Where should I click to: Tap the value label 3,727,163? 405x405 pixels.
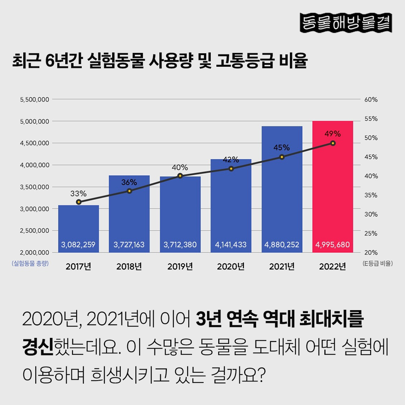pyautogui.click(x=129, y=245)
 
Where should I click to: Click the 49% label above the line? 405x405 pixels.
pyautogui.click(x=333, y=133)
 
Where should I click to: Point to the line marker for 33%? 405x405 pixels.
pyautogui.click(x=78, y=202)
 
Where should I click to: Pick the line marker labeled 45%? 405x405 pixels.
pyautogui.click(x=282, y=157)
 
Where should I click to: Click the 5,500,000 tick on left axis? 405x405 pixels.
pyautogui.click(x=34, y=100)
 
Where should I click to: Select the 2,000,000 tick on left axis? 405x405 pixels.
pyautogui.click(x=34, y=252)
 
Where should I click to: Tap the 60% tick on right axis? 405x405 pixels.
pyautogui.click(x=371, y=100)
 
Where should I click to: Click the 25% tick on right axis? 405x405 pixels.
pyautogui.click(x=371, y=233)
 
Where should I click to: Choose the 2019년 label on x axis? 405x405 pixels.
pyautogui.click(x=180, y=267)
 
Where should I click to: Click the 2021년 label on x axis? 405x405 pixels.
pyautogui.click(x=282, y=267)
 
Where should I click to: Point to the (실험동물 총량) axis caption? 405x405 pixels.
pyautogui.click(x=30, y=264)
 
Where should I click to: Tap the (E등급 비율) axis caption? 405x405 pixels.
pyautogui.click(x=378, y=264)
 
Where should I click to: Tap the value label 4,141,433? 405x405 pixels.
pyautogui.click(x=231, y=245)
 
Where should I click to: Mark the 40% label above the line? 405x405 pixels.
pyautogui.click(x=180, y=168)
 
